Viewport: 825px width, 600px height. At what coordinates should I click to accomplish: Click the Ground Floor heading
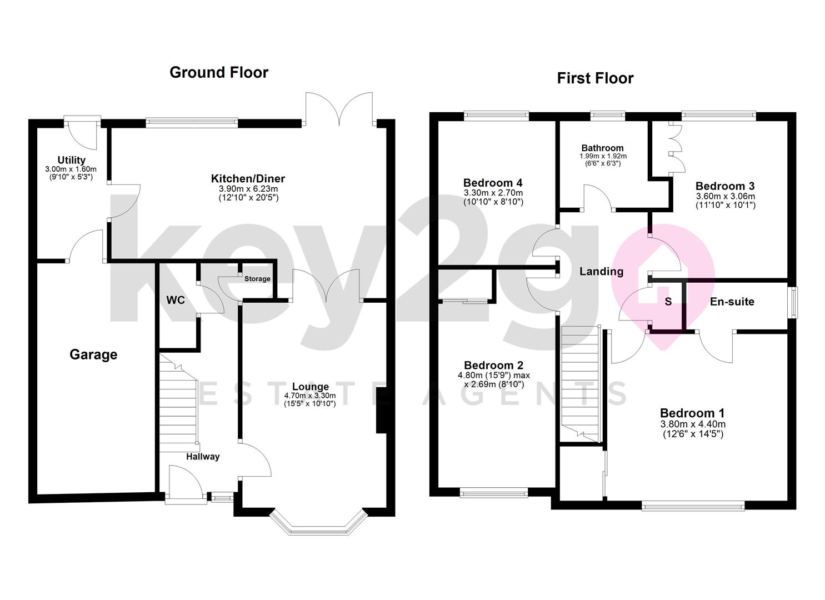pyautogui.click(x=219, y=73)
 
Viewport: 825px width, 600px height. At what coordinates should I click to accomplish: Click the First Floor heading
pyautogui.click(x=595, y=78)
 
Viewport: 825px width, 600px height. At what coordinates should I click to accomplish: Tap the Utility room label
pyautogui.click(x=72, y=160)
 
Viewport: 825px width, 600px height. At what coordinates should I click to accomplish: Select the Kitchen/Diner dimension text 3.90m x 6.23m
pyautogui.click(x=248, y=189)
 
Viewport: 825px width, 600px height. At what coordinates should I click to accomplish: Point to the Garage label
pyautogui.click(x=93, y=354)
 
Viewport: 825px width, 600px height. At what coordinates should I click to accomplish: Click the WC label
pyautogui.click(x=176, y=300)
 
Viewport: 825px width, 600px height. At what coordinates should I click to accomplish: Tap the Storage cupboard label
pyautogui.click(x=257, y=279)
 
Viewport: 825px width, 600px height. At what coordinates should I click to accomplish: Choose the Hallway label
pyautogui.click(x=203, y=457)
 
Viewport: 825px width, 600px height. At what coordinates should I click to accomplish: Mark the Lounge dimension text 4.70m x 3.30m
pyautogui.click(x=310, y=396)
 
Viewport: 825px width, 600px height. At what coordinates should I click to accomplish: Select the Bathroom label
pyautogui.click(x=603, y=148)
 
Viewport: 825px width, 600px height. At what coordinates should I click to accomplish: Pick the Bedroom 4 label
pyautogui.click(x=493, y=183)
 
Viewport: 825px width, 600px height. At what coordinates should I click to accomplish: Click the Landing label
pyautogui.click(x=602, y=272)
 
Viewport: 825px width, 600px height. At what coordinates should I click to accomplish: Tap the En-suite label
pyautogui.click(x=732, y=302)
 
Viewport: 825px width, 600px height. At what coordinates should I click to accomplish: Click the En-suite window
pyautogui.click(x=794, y=302)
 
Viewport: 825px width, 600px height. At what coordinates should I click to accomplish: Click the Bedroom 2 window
pyautogui.click(x=494, y=492)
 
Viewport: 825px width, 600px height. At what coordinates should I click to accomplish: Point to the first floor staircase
pyautogui.click(x=581, y=384)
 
